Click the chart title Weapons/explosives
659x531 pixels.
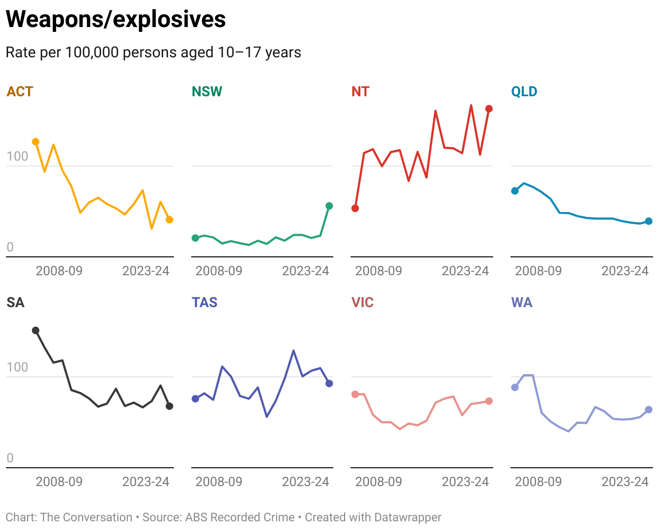click(116, 19)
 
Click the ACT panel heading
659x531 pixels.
click(19, 91)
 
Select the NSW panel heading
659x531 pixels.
click(207, 91)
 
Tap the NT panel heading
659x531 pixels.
click(360, 91)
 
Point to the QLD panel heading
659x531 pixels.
click(524, 91)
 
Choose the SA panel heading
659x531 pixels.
click(16, 302)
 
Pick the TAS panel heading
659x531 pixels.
click(205, 302)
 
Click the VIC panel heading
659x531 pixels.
click(362, 302)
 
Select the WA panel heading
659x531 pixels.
click(522, 302)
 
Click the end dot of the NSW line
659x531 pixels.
click(329, 206)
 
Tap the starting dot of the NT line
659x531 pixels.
click(355, 208)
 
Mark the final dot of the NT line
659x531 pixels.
click(489, 109)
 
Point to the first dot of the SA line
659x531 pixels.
click(36, 330)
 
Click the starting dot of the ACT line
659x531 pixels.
click(36, 142)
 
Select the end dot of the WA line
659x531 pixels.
click(649, 410)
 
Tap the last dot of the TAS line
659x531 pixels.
click(329, 383)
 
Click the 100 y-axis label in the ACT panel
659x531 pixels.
click(17, 157)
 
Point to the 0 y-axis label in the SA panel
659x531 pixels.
click(10, 459)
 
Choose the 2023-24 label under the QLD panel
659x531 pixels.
click(625, 271)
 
